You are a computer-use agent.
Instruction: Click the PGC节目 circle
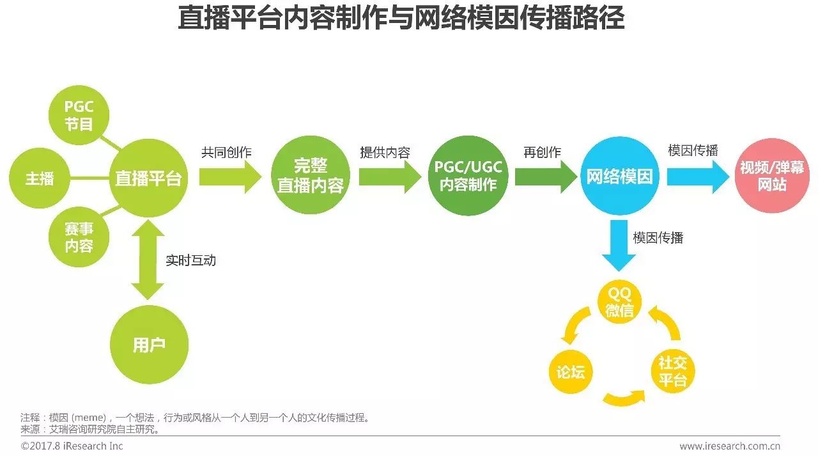click(79, 116)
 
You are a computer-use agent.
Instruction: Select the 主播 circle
click(40, 178)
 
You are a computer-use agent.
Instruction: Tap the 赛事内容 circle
click(79, 238)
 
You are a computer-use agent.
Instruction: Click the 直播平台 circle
click(148, 178)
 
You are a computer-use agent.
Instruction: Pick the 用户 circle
click(150, 345)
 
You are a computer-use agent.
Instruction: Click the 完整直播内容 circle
click(311, 176)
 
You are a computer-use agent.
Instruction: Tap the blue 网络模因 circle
click(619, 177)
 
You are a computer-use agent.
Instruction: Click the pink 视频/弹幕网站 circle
click(772, 177)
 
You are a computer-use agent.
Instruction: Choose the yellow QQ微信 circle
click(619, 303)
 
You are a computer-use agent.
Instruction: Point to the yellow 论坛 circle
click(571, 372)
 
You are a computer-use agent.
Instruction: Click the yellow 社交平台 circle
click(672, 371)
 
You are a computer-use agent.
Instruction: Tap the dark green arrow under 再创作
click(545, 177)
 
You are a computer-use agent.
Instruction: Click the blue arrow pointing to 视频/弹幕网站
click(697, 177)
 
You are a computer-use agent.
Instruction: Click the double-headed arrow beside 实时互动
click(148, 259)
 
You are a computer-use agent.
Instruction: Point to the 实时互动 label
click(190, 260)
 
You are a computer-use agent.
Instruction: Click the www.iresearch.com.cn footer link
click(730, 446)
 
